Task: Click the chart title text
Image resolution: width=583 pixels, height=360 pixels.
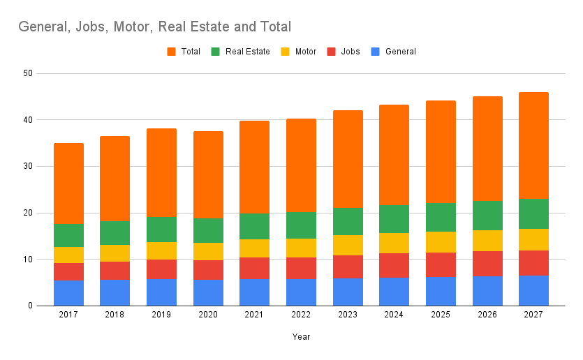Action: pos(154,27)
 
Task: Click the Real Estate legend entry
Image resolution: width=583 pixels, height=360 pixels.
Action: pos(241,52)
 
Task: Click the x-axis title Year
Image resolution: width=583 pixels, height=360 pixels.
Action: pos(302,336)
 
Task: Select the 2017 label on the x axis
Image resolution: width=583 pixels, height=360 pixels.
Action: pos(68,315)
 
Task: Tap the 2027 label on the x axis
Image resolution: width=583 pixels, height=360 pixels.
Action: pos(533,315)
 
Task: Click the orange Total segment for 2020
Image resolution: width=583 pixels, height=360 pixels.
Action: pos(208,175)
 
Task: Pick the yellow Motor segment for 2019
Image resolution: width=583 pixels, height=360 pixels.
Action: pos(161,250)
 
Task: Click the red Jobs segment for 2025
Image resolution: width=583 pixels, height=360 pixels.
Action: pos(441,265)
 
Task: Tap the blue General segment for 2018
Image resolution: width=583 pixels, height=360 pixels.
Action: pos(115,293)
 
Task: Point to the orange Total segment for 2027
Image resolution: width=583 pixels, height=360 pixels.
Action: pos(533,146)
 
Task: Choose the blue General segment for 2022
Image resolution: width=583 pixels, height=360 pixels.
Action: pos(301,292)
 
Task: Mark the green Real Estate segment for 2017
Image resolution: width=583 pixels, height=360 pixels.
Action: pos(68,236)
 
